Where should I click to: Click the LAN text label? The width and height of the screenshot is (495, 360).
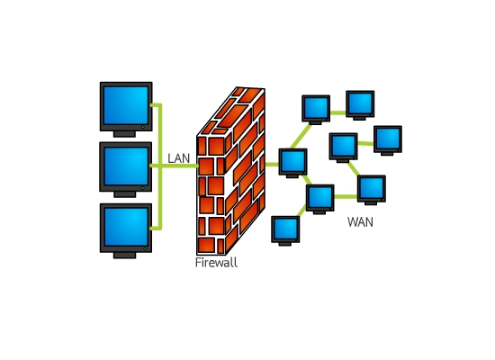click(x=179, y=158)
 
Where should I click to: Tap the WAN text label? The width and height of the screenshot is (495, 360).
click(x=360, y=222)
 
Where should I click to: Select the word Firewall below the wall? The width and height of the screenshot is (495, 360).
click(x=216, y=263)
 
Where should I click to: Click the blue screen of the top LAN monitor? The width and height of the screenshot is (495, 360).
click(x=126, y=105)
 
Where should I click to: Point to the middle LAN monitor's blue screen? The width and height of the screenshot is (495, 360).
click(x=126, y=166)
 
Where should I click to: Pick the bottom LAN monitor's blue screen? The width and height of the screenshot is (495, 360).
click(x=126, y=227)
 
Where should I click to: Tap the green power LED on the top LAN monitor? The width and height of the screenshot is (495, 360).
click(x=143, y=127)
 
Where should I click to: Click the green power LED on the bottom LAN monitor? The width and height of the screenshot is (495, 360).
click(x=145, y=249)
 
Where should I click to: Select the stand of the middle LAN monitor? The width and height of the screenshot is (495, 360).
click(x=125, y=194)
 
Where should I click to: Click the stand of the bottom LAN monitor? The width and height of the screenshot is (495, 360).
click(x=125, y=256)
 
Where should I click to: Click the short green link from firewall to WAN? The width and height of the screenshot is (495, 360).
click(x=272, y=164)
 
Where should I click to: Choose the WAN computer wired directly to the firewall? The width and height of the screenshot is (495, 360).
click(x=293, y=163)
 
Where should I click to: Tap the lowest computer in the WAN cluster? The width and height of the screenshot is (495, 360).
click(x=285, y=230)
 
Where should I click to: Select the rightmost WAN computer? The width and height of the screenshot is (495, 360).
click(x=388, y=140)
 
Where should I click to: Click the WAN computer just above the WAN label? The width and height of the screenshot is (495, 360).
click(x=372, y=190)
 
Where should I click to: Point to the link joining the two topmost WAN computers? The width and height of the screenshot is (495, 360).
click(x=338, y=112)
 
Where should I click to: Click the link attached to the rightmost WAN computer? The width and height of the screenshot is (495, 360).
click(x=365, y=144)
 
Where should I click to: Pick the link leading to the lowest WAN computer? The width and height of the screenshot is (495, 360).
click(x=302, y=211)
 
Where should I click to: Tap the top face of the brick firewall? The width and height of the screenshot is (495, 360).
click(x=230, y=112)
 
